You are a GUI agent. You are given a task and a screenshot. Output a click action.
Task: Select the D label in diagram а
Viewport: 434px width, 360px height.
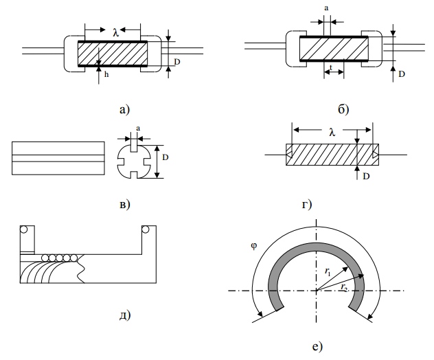(x=177, y=62)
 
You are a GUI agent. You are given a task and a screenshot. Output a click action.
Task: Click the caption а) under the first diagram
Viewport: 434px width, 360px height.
(x=124, y=108)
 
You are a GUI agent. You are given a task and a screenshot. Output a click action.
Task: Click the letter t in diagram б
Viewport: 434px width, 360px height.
(x=332, y=67)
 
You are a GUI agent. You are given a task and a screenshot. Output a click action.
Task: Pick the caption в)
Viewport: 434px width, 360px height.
(x=124, y=203)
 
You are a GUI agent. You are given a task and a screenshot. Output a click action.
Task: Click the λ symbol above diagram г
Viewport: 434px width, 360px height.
(x=332, y=132)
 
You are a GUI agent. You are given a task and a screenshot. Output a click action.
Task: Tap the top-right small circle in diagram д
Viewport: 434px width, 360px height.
(x=146, y=230)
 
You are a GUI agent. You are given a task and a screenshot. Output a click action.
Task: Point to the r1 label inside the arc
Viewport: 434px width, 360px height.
(x=328, y=272)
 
